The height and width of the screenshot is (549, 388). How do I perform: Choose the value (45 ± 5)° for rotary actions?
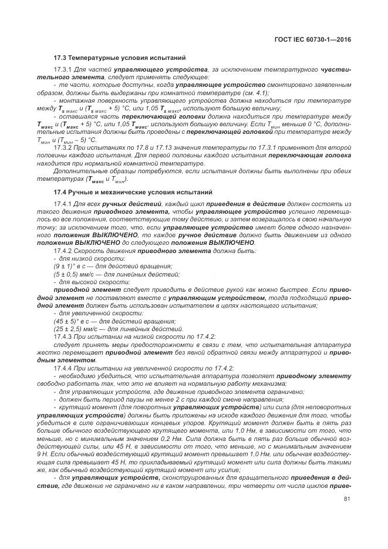pyautogui.click(x=68, y=321)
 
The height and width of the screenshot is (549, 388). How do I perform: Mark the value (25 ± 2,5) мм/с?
pyautogui.click(x=77, y=329)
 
